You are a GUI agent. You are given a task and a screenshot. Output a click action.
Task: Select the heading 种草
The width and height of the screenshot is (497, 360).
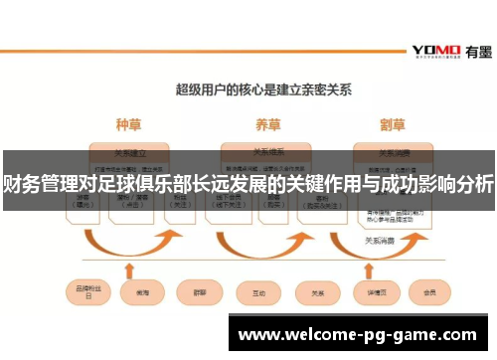pos(129,126)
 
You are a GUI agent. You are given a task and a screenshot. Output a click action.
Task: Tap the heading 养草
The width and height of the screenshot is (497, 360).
pos(267,126)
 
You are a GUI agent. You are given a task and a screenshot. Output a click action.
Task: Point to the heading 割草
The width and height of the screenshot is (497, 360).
pos(394,126)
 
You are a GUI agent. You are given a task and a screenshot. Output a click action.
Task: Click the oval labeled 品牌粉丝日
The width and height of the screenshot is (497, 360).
pos(83,293)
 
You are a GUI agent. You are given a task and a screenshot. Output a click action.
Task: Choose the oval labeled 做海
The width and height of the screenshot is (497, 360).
pos(136,293)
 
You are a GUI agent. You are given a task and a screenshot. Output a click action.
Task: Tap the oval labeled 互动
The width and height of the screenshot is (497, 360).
pos(257,293)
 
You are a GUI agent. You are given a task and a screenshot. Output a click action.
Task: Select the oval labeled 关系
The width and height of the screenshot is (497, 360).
pos(318,293)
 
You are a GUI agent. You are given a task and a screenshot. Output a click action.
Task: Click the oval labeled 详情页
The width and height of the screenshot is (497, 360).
pos(373,293)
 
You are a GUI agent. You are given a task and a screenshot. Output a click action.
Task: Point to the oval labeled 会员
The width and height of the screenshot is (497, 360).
pos(430,293)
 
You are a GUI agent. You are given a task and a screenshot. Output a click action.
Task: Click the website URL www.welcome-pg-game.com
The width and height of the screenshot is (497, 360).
pos(358,335)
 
